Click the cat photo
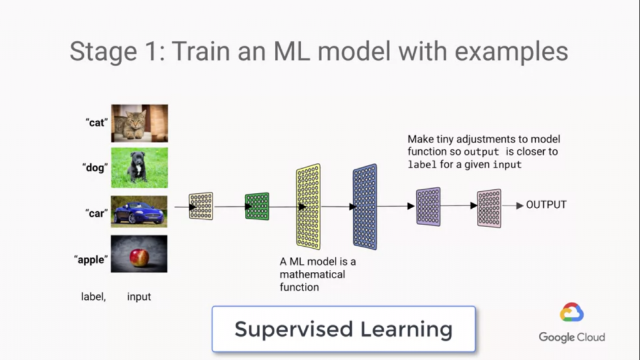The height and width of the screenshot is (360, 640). coord(139,123)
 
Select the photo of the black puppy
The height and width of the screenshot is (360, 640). coord(139,167)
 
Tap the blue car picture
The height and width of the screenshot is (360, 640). coord(139,211)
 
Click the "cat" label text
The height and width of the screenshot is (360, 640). coord(97,122)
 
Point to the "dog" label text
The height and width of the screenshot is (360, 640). coord(95,167)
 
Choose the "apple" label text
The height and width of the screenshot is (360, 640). coord(91,259)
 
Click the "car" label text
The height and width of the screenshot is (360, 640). coord(97,213)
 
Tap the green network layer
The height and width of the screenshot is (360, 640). coord(257,206)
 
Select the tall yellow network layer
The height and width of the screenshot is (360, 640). coord(308,206)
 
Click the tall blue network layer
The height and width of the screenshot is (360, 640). coord(365,206)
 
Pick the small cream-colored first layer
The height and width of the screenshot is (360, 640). coord(201,206)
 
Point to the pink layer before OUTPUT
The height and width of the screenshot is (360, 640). coord(489,208)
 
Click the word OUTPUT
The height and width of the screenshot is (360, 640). coord(546,204)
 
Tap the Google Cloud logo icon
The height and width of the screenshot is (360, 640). coord(571,312)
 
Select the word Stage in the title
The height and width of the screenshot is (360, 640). coord(103,52)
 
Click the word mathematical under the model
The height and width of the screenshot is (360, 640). coord(312,274)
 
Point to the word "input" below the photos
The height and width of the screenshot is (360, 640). coord(139,297)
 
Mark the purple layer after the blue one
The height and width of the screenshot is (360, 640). coord(428,206)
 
